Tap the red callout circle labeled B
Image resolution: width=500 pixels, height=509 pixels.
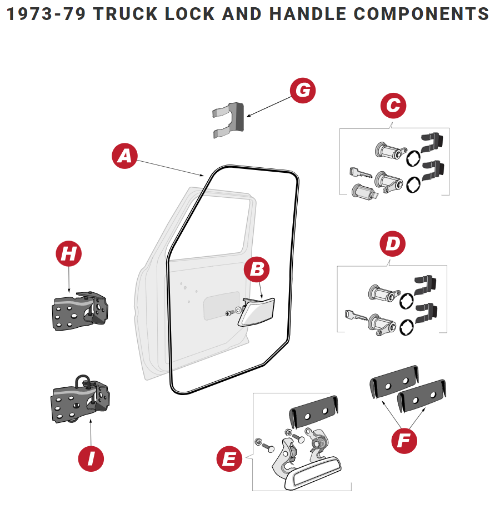257,270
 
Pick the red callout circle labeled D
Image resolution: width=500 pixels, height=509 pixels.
393,243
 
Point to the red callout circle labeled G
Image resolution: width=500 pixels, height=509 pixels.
303,90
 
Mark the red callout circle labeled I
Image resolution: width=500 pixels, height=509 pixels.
91,458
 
